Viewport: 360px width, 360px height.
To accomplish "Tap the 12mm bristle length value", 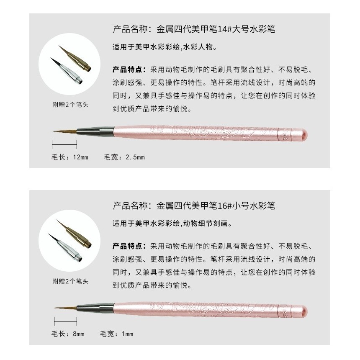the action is coord(81,157).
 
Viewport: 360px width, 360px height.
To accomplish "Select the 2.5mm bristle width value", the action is coord(135,157).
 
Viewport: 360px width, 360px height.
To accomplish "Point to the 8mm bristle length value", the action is coord(79,334).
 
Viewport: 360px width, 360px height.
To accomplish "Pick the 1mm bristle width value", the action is coord(128,334).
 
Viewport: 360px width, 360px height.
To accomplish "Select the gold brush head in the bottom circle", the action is coord(74,234).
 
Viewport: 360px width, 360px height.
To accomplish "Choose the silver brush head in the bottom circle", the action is coord(65,247).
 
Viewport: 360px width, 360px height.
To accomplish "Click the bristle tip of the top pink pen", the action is coord(53,131).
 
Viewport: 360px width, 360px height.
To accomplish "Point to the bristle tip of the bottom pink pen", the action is coord(54,308).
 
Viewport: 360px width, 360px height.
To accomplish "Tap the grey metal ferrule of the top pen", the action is coord(95,131).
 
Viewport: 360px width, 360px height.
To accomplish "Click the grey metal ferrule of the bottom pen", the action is coord(95,308).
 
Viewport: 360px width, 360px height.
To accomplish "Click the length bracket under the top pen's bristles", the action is coord(64,145).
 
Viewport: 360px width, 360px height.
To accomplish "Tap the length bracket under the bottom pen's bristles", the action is coord(65,321).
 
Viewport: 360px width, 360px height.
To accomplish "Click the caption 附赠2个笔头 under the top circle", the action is coord(70,105).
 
